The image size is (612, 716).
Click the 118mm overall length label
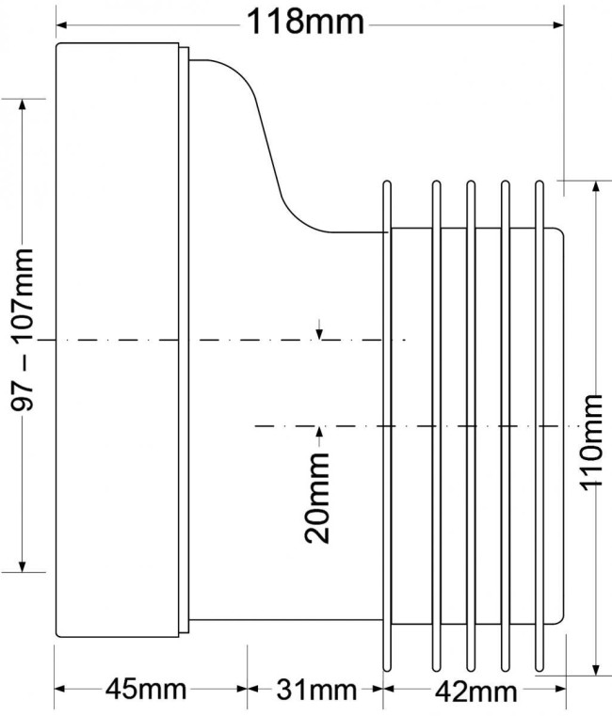pos(305,23)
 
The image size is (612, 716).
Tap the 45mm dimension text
pos(146,689)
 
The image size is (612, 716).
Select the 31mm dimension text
pos(315,690)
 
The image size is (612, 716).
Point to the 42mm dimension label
pos(475,692)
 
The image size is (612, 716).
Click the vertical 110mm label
pos(592,442)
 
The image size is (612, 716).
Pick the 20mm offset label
pos(316,498)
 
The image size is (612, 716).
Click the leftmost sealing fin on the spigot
pos(387,426)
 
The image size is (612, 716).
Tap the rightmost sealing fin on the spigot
pos(540,426)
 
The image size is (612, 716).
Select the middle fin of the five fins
pos(471,426)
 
